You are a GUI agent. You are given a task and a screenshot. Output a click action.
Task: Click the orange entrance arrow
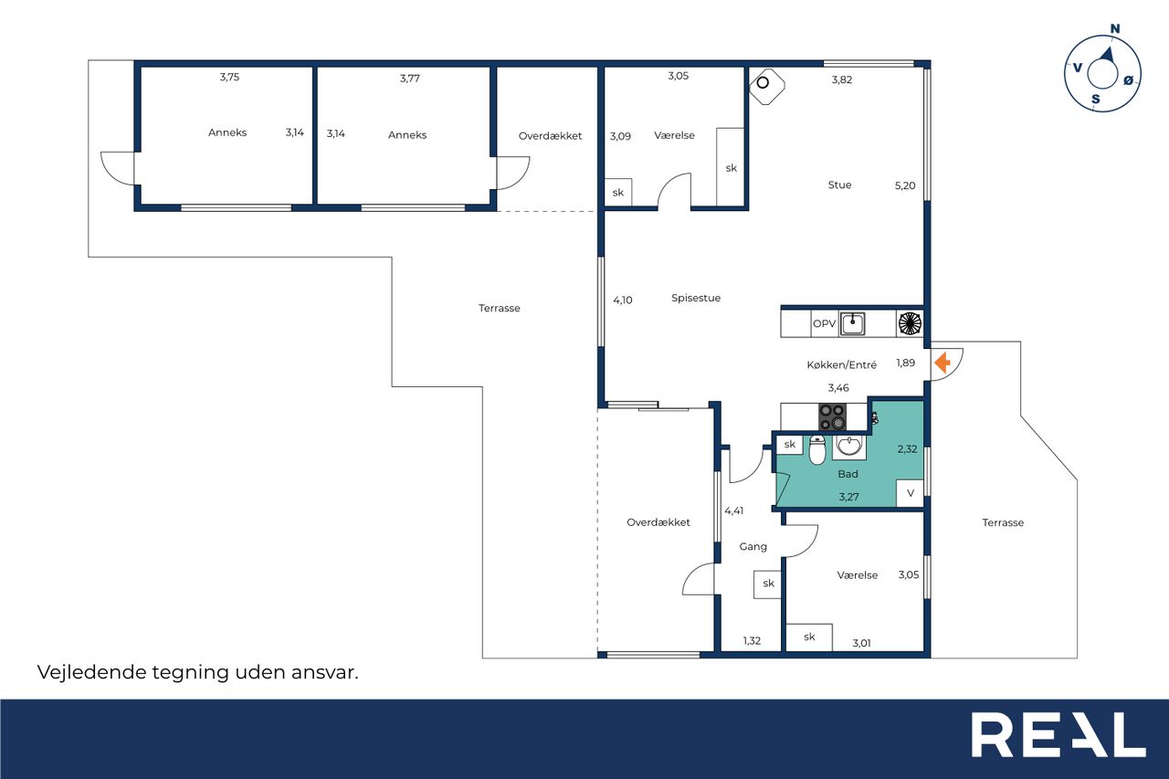(x=942, y=363)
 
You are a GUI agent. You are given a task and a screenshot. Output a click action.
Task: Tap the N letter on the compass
(x=1115, y=28)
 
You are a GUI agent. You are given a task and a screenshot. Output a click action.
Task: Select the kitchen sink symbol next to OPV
(x=852, y=323)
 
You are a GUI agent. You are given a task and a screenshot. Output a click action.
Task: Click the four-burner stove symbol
(x=832, y=416)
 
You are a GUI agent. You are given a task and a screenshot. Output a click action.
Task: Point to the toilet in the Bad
(x=817, y=449)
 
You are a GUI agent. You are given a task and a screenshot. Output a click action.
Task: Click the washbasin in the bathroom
(x=849, y=446)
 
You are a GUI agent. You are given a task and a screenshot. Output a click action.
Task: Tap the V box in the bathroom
(x=911, y=493)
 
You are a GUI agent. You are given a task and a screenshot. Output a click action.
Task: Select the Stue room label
(x=839, y=184)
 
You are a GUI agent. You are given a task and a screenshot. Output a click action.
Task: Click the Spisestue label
(x=696, y=298)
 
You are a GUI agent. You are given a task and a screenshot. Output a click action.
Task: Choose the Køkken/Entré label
(x=841, y=364)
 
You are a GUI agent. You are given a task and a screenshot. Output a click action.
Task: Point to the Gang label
(x=753, y=547)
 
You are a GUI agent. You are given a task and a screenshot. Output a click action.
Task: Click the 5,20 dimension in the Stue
(x=905, y=185)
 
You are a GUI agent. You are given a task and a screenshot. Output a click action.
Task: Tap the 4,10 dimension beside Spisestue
(x=623, y=300)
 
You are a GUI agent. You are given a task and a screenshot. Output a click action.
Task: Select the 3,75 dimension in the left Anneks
(x=229, y=78)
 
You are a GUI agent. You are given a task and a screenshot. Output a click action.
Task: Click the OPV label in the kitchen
(x=824, y=323)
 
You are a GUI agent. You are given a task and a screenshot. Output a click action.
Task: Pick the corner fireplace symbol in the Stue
(x=766, y=86)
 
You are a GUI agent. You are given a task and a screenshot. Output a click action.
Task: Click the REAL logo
(x=1058, y=734)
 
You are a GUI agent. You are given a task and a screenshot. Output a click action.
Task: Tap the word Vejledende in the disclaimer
(x=92, y=672)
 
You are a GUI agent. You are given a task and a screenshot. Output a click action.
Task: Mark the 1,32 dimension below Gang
(x=752, y=641)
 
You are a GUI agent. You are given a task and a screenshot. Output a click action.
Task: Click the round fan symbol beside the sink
(x=910, y=323)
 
